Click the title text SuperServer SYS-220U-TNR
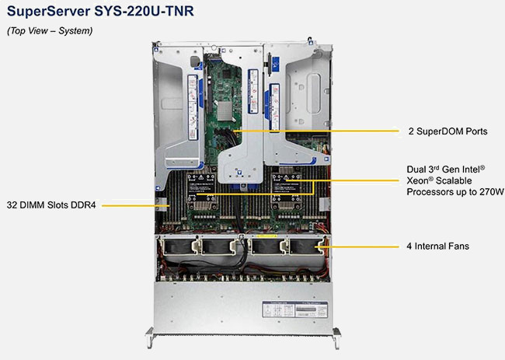point(100,11)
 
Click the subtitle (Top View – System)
point(50,31)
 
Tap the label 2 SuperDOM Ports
point(448,131)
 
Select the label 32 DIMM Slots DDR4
point(51,205)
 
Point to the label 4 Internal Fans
point(437,246)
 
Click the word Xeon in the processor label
point(416,181)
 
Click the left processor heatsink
point(202,190)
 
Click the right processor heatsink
point(287,190)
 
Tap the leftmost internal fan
point(179,246)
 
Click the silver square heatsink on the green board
point(225,111)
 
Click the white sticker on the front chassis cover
point(294,309)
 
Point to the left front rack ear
point(150,337)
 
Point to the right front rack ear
point(336,337)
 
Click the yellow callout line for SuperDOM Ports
point(316,131)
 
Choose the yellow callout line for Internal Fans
point(357,247)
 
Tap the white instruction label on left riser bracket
point(193,107)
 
